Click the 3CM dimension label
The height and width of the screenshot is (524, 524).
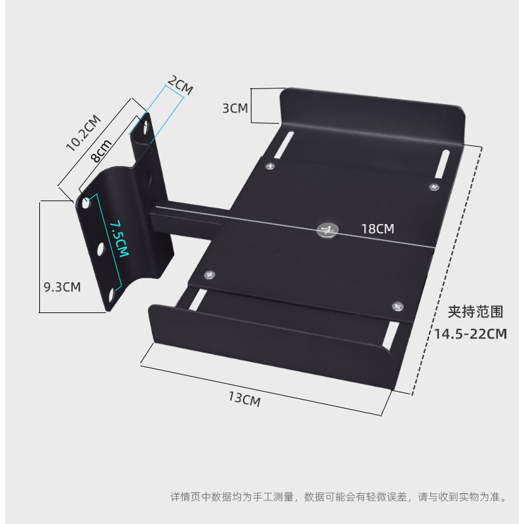[235, 108]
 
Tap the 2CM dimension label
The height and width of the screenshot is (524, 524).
[180, 86]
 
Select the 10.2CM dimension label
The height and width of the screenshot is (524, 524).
[83, 132]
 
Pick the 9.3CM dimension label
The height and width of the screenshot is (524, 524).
[62, 287]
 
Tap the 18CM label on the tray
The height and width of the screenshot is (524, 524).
[378, 229]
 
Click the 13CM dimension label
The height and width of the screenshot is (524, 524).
[244, 398]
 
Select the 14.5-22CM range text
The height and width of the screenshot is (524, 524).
[471, 334]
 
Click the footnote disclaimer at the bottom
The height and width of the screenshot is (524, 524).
[338, 497]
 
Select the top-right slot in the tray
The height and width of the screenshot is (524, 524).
[442, 163]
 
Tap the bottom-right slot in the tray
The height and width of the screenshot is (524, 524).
[391, 336]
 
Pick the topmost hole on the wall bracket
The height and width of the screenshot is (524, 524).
[145, 126]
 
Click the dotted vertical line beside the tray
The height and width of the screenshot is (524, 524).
[448, 269]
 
